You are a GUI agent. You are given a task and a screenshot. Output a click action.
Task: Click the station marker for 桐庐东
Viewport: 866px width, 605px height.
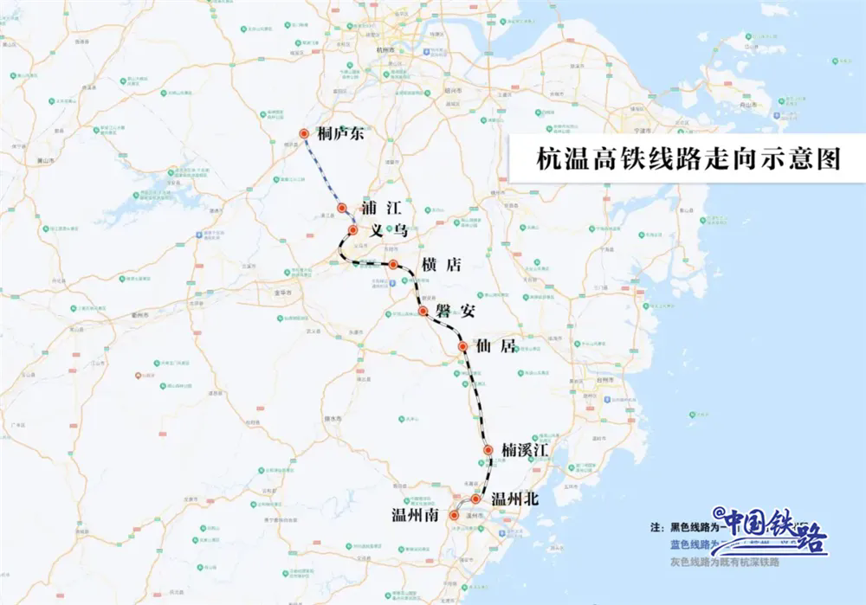tap(304, 133)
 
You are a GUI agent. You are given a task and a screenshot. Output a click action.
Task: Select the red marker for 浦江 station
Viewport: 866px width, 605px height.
tap(342, 208)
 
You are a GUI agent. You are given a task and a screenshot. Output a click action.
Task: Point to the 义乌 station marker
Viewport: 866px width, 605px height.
tap(353, 229)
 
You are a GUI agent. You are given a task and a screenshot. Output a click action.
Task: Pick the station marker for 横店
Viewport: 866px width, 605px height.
tap(393, 264)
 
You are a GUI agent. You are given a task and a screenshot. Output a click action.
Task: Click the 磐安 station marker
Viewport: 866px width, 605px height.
tap(423, 311)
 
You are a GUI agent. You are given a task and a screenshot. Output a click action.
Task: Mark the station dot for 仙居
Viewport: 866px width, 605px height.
tap(462, 346)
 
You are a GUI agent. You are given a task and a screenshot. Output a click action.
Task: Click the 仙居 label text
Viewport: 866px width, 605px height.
tap(497, 346)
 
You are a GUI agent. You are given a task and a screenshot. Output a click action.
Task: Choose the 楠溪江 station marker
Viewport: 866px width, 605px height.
tap(488, 450)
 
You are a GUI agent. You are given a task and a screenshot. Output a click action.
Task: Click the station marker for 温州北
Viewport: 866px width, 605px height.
tap(475, 499)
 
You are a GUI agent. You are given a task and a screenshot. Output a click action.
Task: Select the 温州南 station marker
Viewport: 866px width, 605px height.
tap(453, 516)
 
